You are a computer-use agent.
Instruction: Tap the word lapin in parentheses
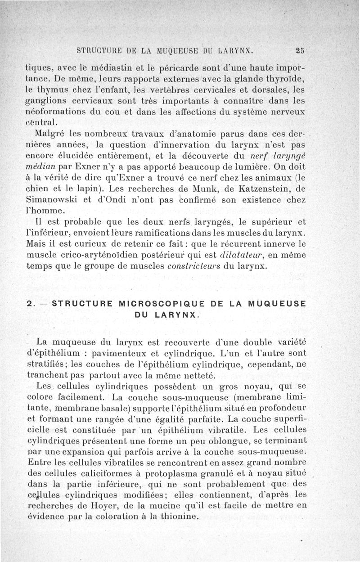click(x=105, y=188)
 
